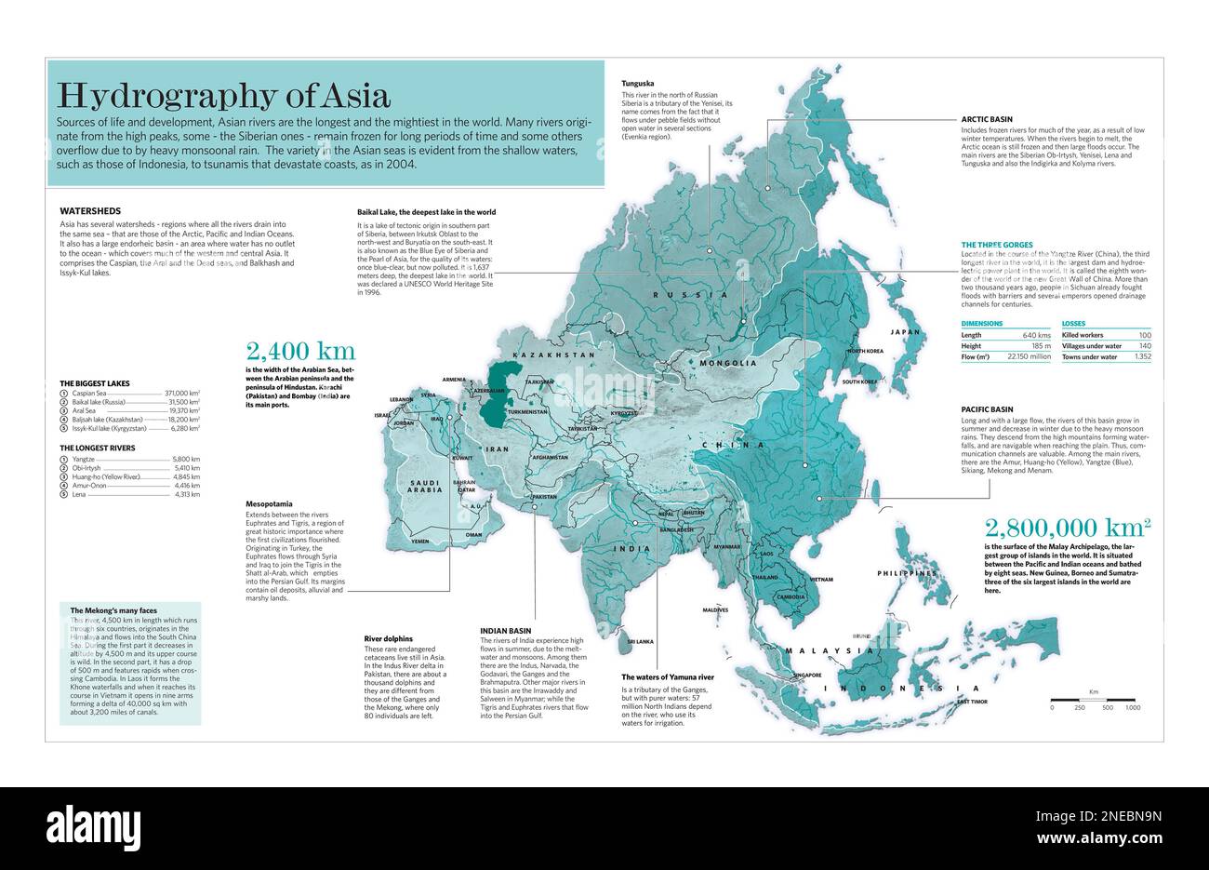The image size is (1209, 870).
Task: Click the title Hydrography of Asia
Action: tap(223, 95)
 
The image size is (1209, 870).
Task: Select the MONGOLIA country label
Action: tap(728, 363)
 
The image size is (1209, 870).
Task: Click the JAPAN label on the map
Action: tap(905, 332)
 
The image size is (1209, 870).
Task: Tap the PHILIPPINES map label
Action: tap(907, 574)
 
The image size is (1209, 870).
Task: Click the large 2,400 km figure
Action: tap(299, 351)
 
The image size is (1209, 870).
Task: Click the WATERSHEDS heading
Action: tap(90, 211)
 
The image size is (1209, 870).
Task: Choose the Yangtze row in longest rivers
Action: tap(86, 460)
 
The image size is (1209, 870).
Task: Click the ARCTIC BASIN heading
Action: tap(987, 120)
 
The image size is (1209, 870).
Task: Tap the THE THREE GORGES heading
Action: tap(997, 245)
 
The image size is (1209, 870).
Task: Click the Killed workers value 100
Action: tap(1144, 334)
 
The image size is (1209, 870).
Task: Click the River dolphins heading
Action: tap(389, 639)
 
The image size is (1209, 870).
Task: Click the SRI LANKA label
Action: tap(641, 642)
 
